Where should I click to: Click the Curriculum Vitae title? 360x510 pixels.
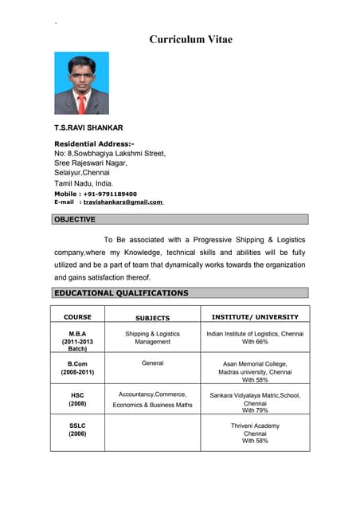pyautogui.click(x=191, y=39)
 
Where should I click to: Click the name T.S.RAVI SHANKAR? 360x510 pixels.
pyautogui.click(x=88, y=127)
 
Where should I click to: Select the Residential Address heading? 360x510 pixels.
pyautogui.click(x=94, y=143)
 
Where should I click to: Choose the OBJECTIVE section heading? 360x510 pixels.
pyautogui.click(x=75, y=219)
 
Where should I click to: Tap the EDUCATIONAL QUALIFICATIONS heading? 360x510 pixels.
pyautogui.click(x=121, y=293)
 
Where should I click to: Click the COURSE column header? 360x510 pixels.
pyautogui.click(x=77, y=317)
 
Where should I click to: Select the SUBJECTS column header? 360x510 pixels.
pyautogui.click(x=152, y=318)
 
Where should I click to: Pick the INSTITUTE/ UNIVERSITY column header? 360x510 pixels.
pyautogui.click(x=255, y=317)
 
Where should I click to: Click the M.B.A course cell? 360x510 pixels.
pyautogui.click(x=77, y=341)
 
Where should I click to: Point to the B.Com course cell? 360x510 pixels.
pyautogui.click(x=77, y=367)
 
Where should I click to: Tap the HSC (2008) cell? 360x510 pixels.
pyautogui.click(x=77, y=398)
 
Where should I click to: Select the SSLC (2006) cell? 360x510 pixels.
pyautogui.click(x=77, y=430)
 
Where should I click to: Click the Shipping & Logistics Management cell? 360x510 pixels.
pyautogui.click(x=152, y=338)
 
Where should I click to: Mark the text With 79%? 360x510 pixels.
pyautogui.click(x=255, y=410)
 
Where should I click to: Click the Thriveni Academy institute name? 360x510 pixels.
pyautogui.click(x=255, y=426)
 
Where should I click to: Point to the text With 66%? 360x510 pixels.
pyautogui.click(x=255, y=342)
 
